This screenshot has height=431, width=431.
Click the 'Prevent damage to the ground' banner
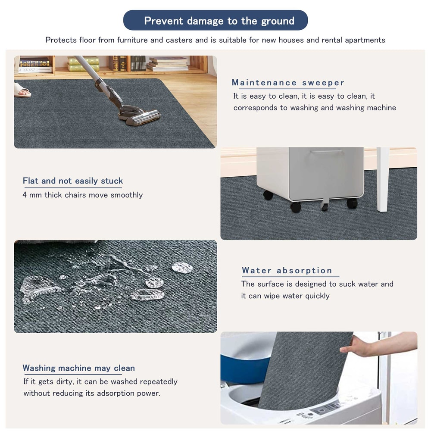tap(215, 21)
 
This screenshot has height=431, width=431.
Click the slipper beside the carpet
tap(22, 91)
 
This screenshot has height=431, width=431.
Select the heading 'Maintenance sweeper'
tap(288, 83)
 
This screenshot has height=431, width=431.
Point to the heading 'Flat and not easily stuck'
tap(73, 181)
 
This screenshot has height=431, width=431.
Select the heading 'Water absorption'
tap(287, 271)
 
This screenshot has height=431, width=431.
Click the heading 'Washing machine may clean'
tap(79, 368)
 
